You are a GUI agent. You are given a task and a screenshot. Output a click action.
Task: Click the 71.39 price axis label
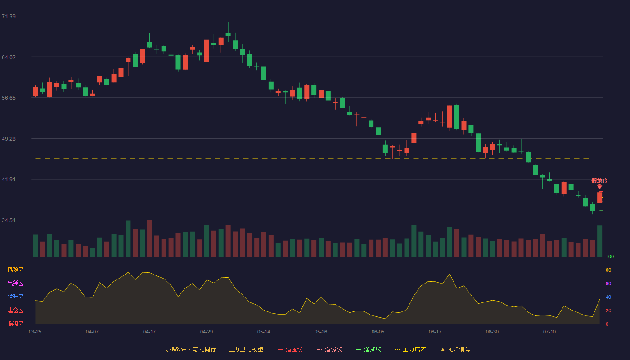9,17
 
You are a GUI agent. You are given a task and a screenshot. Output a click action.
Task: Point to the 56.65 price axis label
9,98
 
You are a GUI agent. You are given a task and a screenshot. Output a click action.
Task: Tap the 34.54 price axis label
9,220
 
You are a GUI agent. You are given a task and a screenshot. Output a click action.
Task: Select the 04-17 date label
149,332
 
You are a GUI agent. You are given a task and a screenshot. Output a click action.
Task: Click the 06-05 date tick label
378,332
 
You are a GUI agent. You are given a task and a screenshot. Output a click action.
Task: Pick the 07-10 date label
549,332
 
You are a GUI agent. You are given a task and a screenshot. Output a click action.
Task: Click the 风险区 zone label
15,270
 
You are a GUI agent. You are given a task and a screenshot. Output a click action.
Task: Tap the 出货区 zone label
15,283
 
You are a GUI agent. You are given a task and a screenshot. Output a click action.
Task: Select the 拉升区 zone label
15,297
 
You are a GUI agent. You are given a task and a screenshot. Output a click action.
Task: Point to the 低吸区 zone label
15,324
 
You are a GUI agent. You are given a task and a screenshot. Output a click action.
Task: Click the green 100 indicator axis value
610,256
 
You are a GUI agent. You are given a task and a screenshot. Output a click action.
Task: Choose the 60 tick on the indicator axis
608,283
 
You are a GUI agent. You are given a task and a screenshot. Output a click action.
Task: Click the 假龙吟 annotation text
599,180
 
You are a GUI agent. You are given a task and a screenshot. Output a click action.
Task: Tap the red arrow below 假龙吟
599,187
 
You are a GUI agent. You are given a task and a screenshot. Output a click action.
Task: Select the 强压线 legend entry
290,349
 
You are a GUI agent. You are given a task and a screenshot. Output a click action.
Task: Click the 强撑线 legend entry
369,349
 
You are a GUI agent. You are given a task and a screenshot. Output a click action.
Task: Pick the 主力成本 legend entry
410,349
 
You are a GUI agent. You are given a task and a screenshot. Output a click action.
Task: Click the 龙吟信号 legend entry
455,349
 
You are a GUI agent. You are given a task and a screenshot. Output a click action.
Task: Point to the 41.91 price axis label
9,180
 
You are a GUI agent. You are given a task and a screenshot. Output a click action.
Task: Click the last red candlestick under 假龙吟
599,198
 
